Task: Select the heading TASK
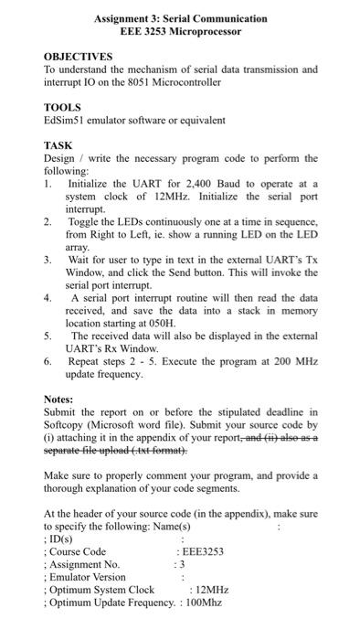pyautogui.click(x=58, y=145)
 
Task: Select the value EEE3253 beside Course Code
pyautogui.click(x=203, y=551)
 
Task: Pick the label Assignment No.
pyautogui.click(x=84, y=564)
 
